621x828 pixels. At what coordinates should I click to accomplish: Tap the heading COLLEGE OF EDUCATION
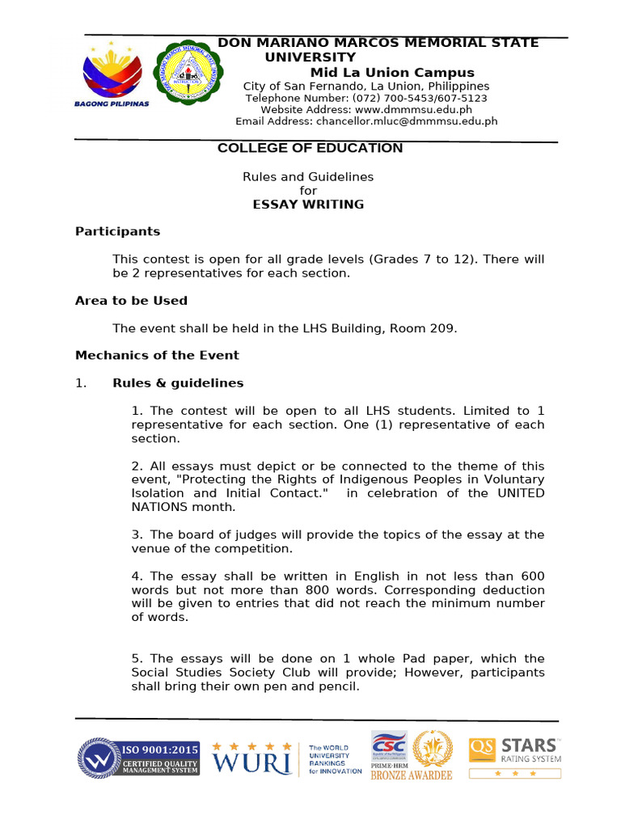tap(310, 148)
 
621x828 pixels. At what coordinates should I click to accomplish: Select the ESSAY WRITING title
tap(308, 205)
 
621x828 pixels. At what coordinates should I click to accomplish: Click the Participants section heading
tap(117, 231)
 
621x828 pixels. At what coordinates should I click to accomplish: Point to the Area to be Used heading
tap(131, 301)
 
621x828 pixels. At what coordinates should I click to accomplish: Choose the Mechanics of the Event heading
tap(157, 355)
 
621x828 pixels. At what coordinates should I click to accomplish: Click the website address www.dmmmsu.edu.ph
tap(413, 110)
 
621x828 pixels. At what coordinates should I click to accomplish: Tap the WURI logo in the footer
tap(251, 758)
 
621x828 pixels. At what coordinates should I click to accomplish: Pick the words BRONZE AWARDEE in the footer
tap(411, 775)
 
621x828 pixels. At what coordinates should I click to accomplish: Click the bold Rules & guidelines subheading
tap(177, 383)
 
